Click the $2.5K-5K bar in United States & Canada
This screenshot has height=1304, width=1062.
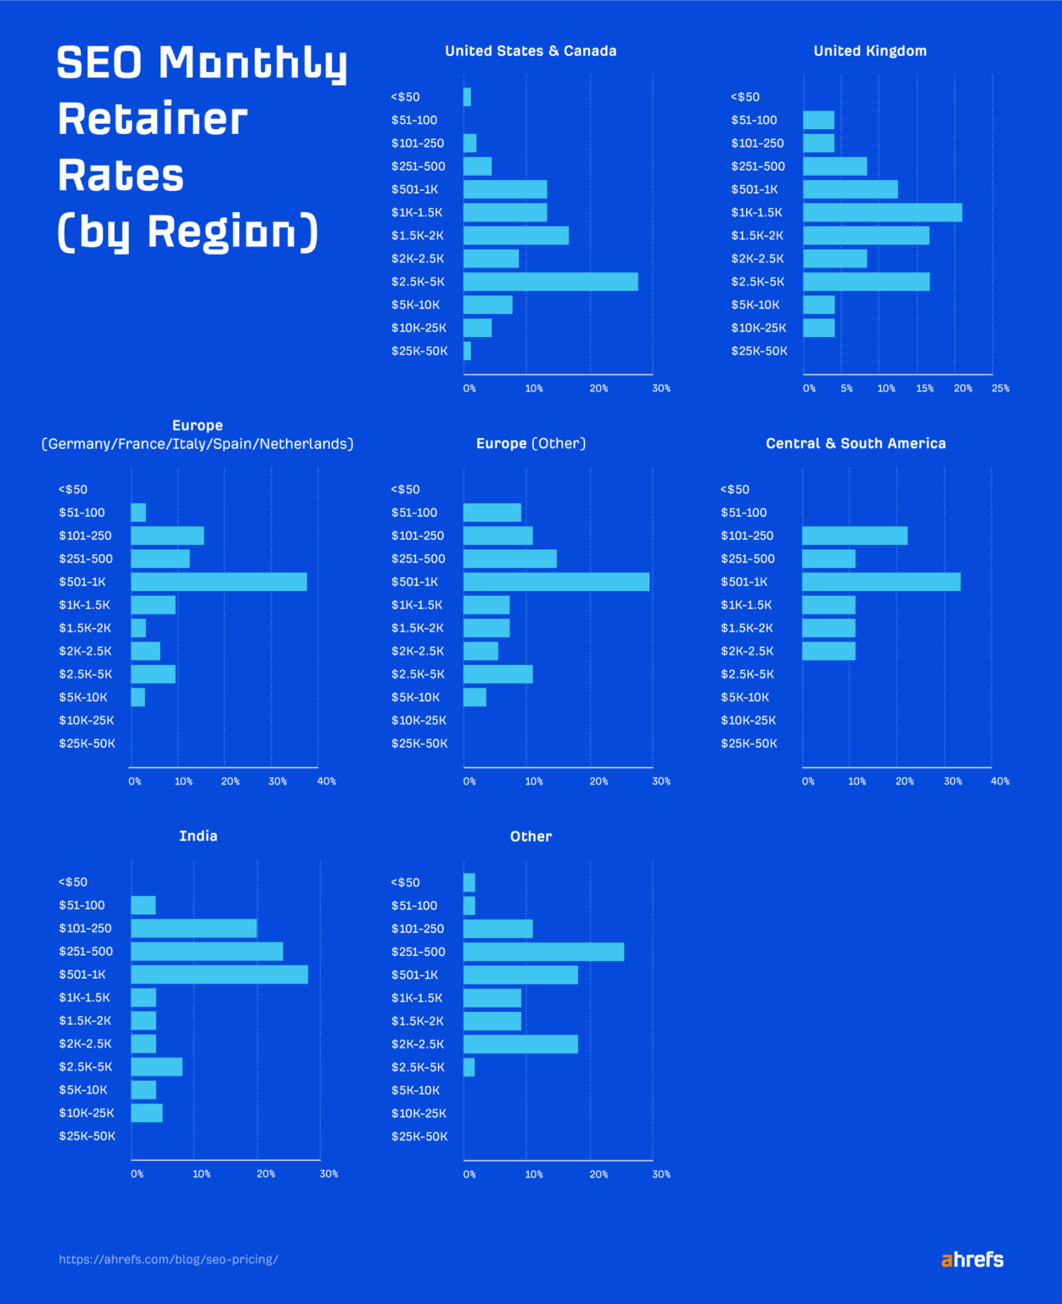pyautogui.click(x=550, y=282)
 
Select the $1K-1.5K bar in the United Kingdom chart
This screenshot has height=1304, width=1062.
pyautogui.click(x=882, y=212)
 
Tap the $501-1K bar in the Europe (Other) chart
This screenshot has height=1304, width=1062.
pyautogui.click(x=556, y=582)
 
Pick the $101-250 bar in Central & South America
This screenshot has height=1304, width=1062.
pyautogui.click(x=854, y=536)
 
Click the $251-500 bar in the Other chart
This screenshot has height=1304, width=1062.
pyautogui.click(x=543, y=952)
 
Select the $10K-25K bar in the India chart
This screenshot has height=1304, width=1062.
pyautogui.click(x=147, y=1113)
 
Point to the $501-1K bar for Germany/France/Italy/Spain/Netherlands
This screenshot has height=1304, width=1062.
pyautogui.click(x=219, y=582)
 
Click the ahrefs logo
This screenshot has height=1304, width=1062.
pyautogui.click(x=972, y=1260)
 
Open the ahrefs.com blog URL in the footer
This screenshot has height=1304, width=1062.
pyautogui.click(x=168, y=1260)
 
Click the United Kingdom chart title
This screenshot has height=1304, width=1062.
pyautogui.click(x=870, y=51)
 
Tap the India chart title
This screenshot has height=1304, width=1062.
pyautogui.click(x=198, y=836)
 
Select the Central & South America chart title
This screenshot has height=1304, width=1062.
pyautogui.click(x=855, y=443)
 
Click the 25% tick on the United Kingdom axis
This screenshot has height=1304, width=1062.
pyautogui.click(x=1000, y=389)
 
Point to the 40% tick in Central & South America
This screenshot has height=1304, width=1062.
pyautogui.click(x=999, y=781)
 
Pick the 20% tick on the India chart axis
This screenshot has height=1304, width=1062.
pyautogui.click(x=266, y=1174)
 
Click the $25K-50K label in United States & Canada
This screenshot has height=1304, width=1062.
pyautogui.click(x=419, y=351)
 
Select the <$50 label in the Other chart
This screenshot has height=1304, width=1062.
pyautogui.click(x=405, y=883)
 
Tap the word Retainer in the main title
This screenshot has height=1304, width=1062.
pyautogui.click(x=153, y=119)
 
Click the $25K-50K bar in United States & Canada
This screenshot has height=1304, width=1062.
pyautogui.click(x=467, y=351)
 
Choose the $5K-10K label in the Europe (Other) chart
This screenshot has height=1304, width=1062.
pyautogui.click(x=415, y=697)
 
